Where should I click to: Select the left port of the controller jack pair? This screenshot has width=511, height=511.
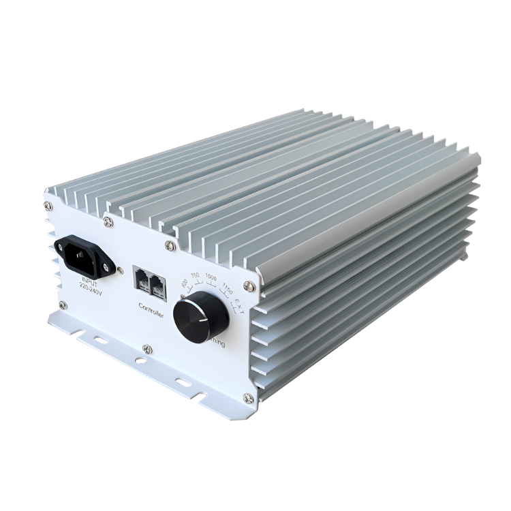point(143,279)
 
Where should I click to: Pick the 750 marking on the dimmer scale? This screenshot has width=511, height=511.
point(195,275)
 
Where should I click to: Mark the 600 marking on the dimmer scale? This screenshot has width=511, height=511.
point(183,283)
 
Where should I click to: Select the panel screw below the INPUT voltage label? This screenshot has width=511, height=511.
point(62,305)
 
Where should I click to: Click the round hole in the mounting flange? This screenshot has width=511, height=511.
point(140,360)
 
